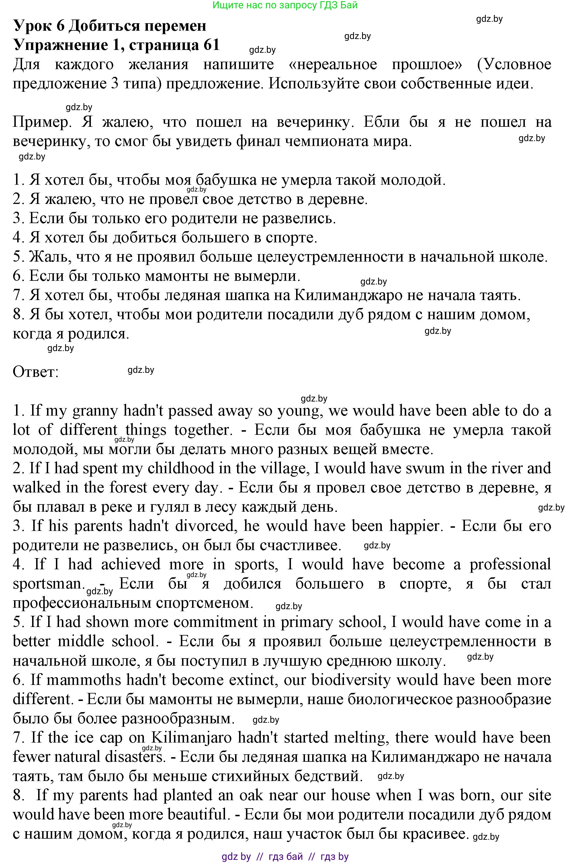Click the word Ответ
click(36, 372)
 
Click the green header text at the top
click(285, 5)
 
